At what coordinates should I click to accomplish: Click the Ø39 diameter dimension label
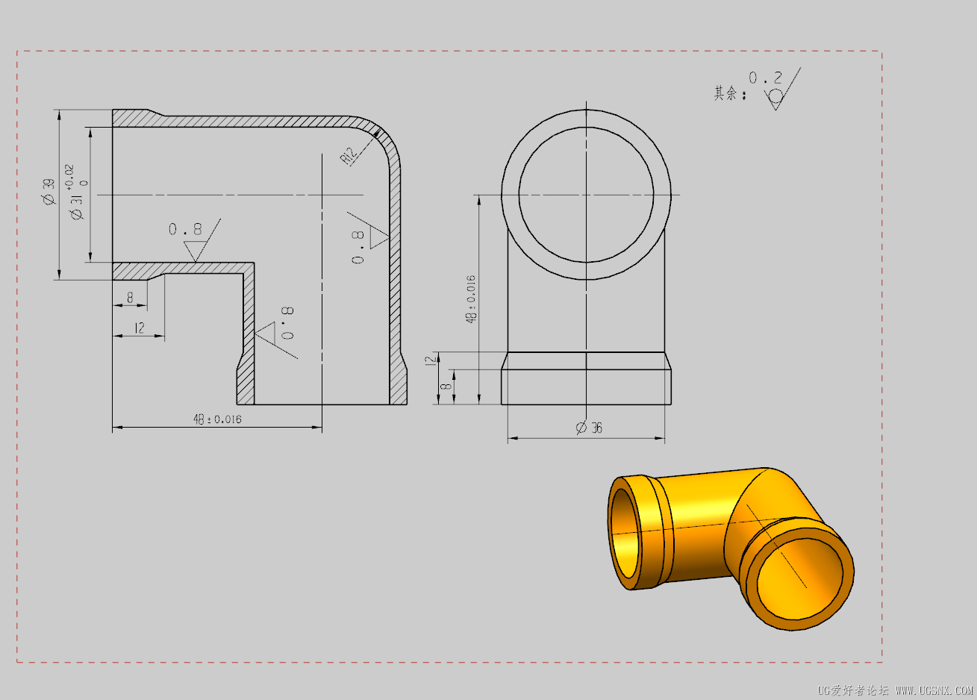[49, 192]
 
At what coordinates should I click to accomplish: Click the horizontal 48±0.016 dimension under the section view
[217, 419]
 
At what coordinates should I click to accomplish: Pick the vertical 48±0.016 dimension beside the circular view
[470, 299]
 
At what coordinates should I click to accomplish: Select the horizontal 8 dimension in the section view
[130, 298]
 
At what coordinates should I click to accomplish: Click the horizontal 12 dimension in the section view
[139, 328]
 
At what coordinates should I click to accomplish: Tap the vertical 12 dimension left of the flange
[430, 360]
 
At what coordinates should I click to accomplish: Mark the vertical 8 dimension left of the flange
[446, 387]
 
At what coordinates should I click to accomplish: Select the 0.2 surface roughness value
[766, 78]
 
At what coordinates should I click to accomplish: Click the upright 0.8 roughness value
[185, 229]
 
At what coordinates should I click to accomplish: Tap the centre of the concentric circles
[587, 195]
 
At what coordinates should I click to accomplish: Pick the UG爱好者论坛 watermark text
[851, 690]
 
